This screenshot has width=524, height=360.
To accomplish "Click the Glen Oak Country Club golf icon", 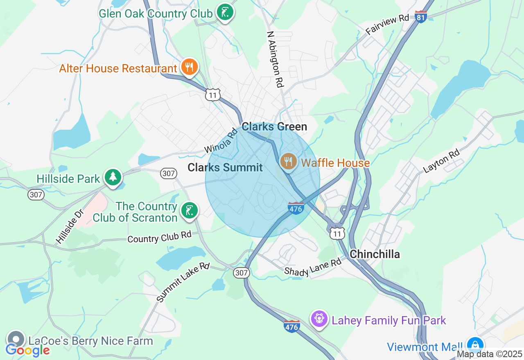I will (x=225, y=13).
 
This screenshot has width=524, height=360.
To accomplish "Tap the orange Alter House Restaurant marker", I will (x=189, y=67).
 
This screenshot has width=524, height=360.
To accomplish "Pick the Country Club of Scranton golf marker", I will (x=189, y=211).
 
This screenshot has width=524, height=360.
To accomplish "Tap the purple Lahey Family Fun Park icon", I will (x=319, y=319).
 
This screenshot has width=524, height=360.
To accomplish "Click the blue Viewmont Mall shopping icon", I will (x=474, y=346).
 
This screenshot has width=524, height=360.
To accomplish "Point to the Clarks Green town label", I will (x=274, y=127).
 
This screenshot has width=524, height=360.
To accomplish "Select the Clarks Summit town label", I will (x=225, y=167).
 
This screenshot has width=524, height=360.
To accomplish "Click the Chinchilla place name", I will (x=375, y=254).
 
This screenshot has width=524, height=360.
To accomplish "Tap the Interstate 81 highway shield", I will (x=421, y=17).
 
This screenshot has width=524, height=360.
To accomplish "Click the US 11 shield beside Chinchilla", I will (x=338, y=234).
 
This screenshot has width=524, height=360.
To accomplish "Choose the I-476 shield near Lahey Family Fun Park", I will (x=291, y=326).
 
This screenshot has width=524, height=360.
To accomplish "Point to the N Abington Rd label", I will (x=275, y=59).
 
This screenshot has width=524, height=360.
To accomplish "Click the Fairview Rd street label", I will (x=387, y=25).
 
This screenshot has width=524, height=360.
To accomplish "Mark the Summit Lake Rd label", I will (x=183, y=282).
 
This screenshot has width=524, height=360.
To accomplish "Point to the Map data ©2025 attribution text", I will (x=489, y=354).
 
